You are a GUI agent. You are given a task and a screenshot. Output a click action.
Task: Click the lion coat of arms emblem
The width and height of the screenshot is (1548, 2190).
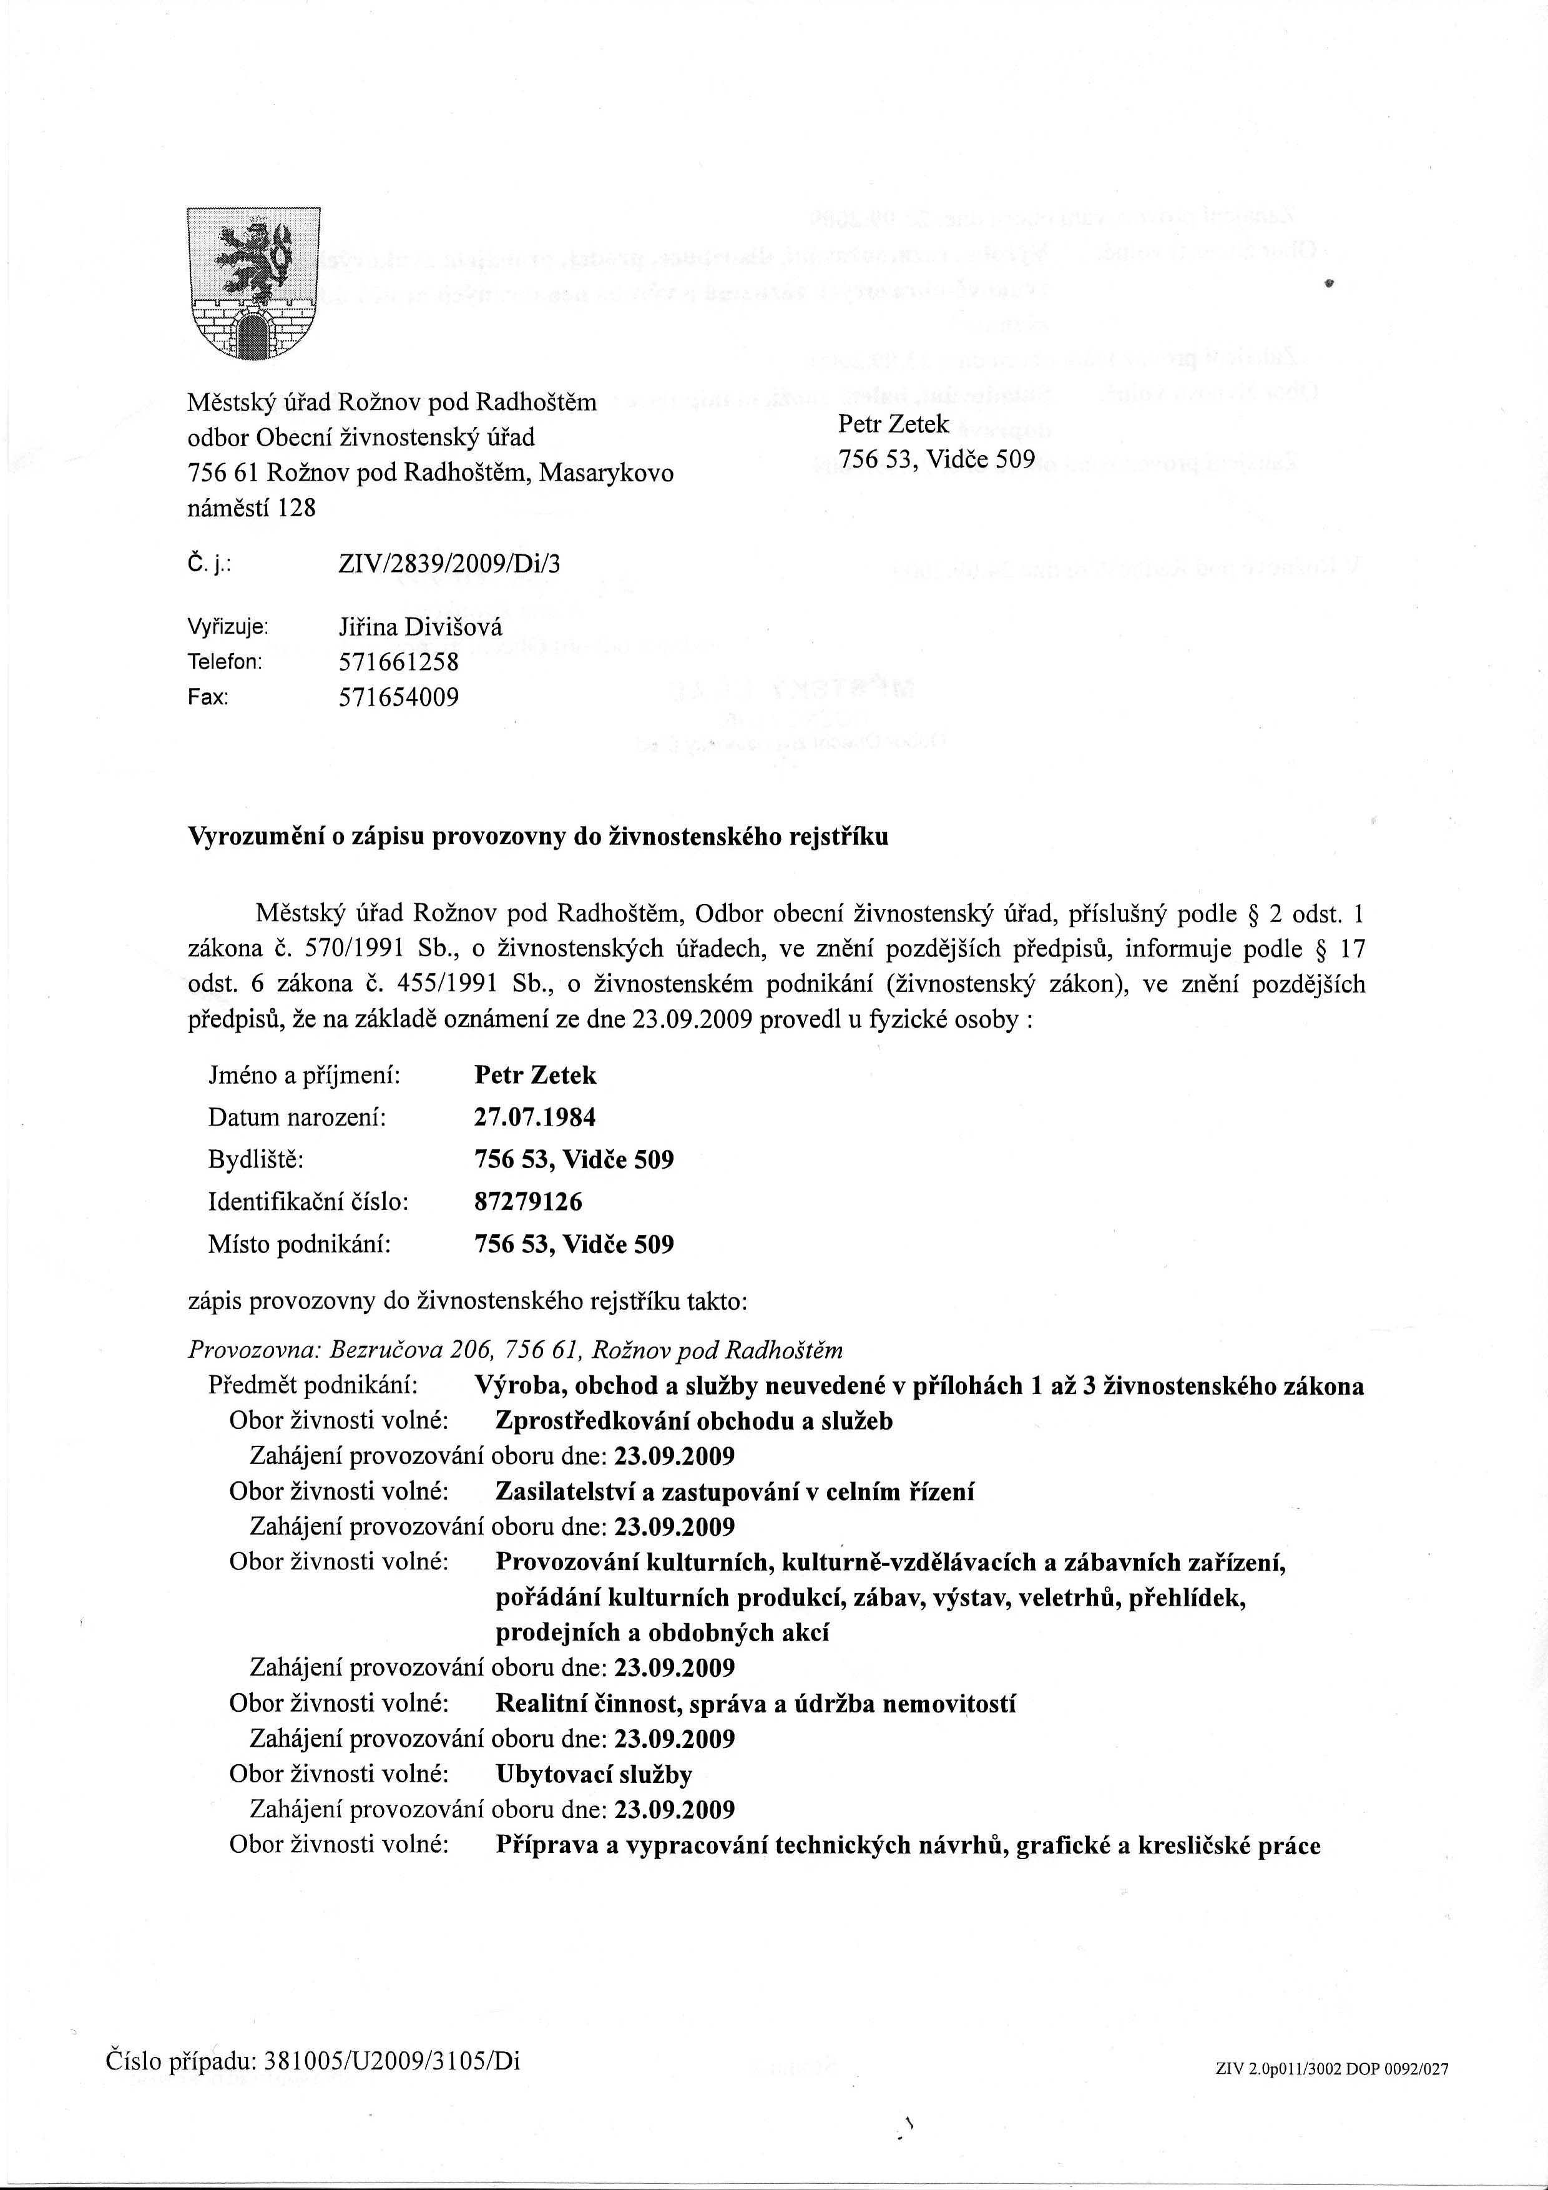pos(253,284)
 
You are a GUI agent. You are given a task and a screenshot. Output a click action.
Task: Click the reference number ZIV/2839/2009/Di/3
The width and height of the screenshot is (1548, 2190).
pos(449,564)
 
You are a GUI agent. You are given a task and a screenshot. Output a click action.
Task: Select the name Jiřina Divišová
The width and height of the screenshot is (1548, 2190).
pos(419,627)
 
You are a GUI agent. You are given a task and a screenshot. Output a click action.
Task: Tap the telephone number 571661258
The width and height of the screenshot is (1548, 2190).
pos(399,661)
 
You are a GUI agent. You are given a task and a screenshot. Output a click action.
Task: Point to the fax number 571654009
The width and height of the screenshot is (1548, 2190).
pos(399,697)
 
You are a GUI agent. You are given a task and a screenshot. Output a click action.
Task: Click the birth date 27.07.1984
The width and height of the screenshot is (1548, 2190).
pos(534,1117)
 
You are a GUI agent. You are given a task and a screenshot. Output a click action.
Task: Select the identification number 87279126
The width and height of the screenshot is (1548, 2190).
pos(527,1202)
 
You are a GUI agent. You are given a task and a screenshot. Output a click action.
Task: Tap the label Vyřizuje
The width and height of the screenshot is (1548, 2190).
pos(228,627)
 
